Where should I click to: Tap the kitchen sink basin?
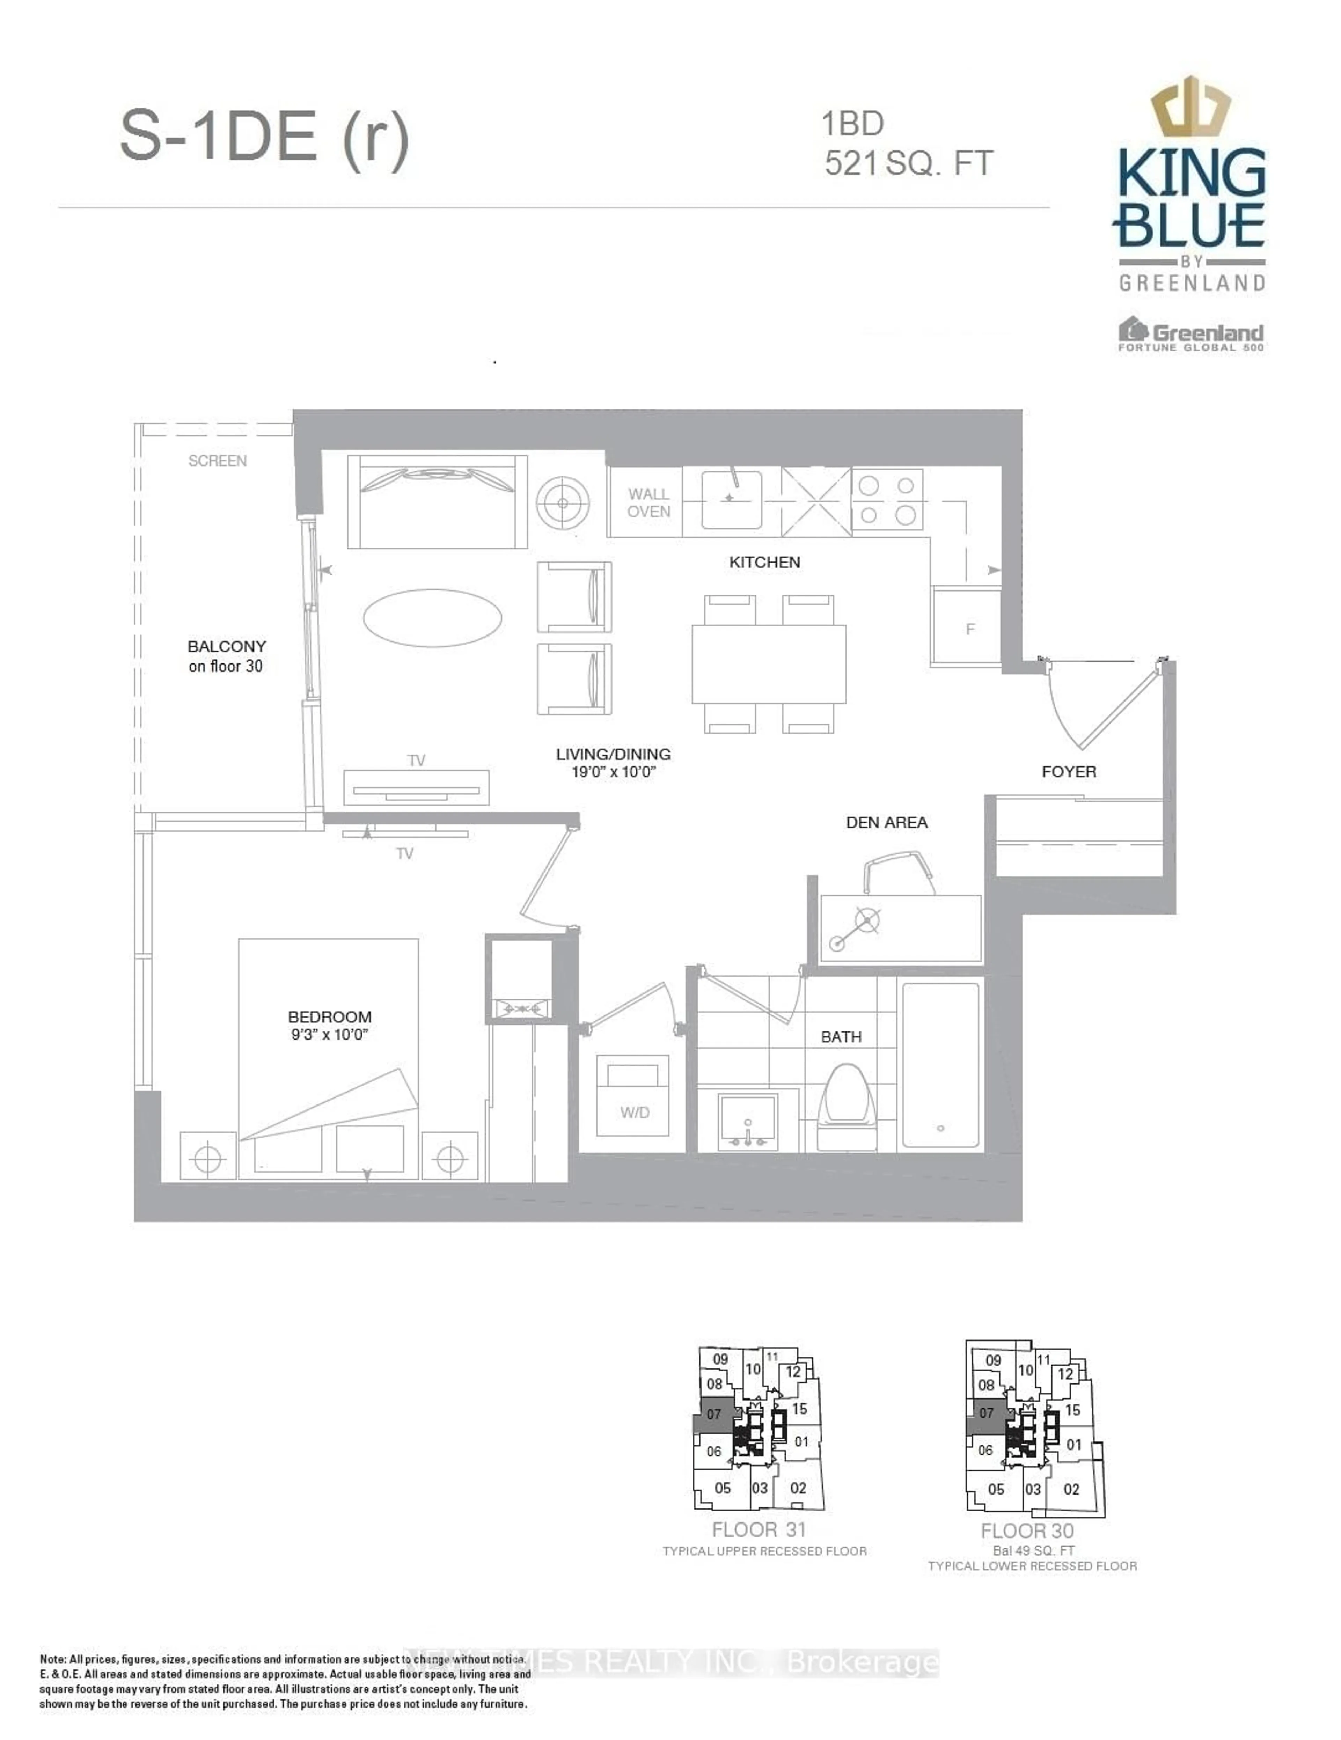(731, 500)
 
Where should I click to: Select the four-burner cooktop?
(887, 500)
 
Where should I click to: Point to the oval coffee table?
(432, 617)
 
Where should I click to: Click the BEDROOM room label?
(329, 1018)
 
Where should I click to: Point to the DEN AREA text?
(886, 822)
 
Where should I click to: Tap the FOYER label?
(1069, 771)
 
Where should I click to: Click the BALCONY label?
(226, 646)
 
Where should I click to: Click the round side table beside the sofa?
(563, 503)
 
